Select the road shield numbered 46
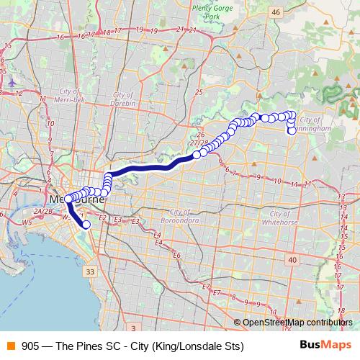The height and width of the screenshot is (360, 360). pos(276,12)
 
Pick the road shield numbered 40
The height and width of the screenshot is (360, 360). pos(292,259)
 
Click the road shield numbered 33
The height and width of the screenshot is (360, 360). pos(89,271)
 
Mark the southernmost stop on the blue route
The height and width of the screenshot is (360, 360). pos(86,225)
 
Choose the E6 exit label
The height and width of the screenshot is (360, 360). pos(176,254)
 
